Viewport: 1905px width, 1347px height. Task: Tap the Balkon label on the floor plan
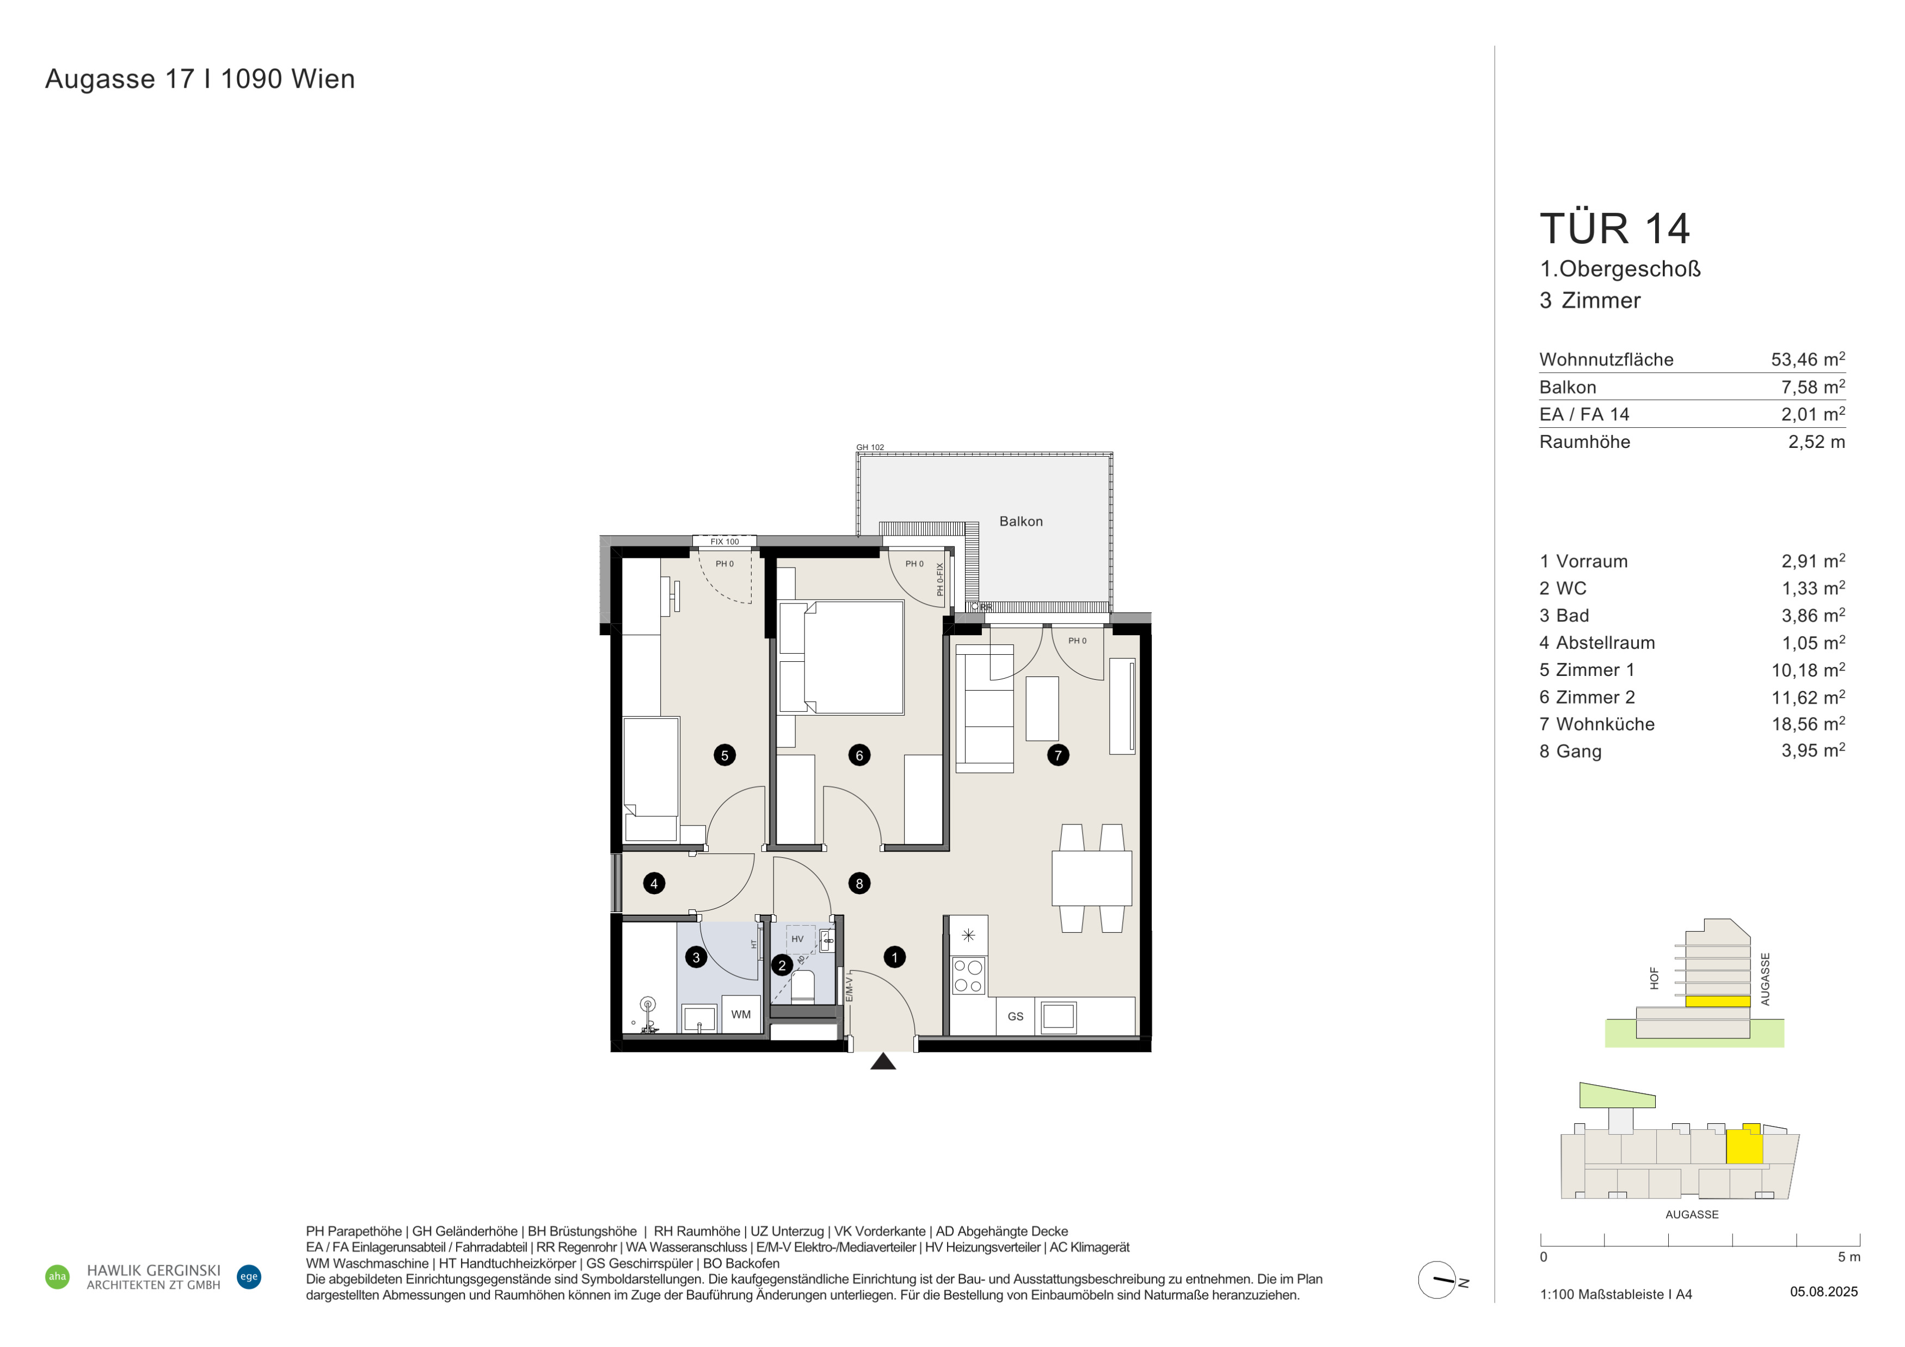1021,521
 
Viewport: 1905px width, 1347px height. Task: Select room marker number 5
724,755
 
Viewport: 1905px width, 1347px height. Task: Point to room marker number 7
1058,755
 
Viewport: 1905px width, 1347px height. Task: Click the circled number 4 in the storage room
654,883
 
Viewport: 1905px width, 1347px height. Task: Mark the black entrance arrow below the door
883,1061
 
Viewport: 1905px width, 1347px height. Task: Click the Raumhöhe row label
1585,442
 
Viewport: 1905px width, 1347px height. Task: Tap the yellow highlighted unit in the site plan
1744,1146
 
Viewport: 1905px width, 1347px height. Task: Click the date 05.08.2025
1824,1291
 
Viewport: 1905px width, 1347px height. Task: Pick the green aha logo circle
57,1276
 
